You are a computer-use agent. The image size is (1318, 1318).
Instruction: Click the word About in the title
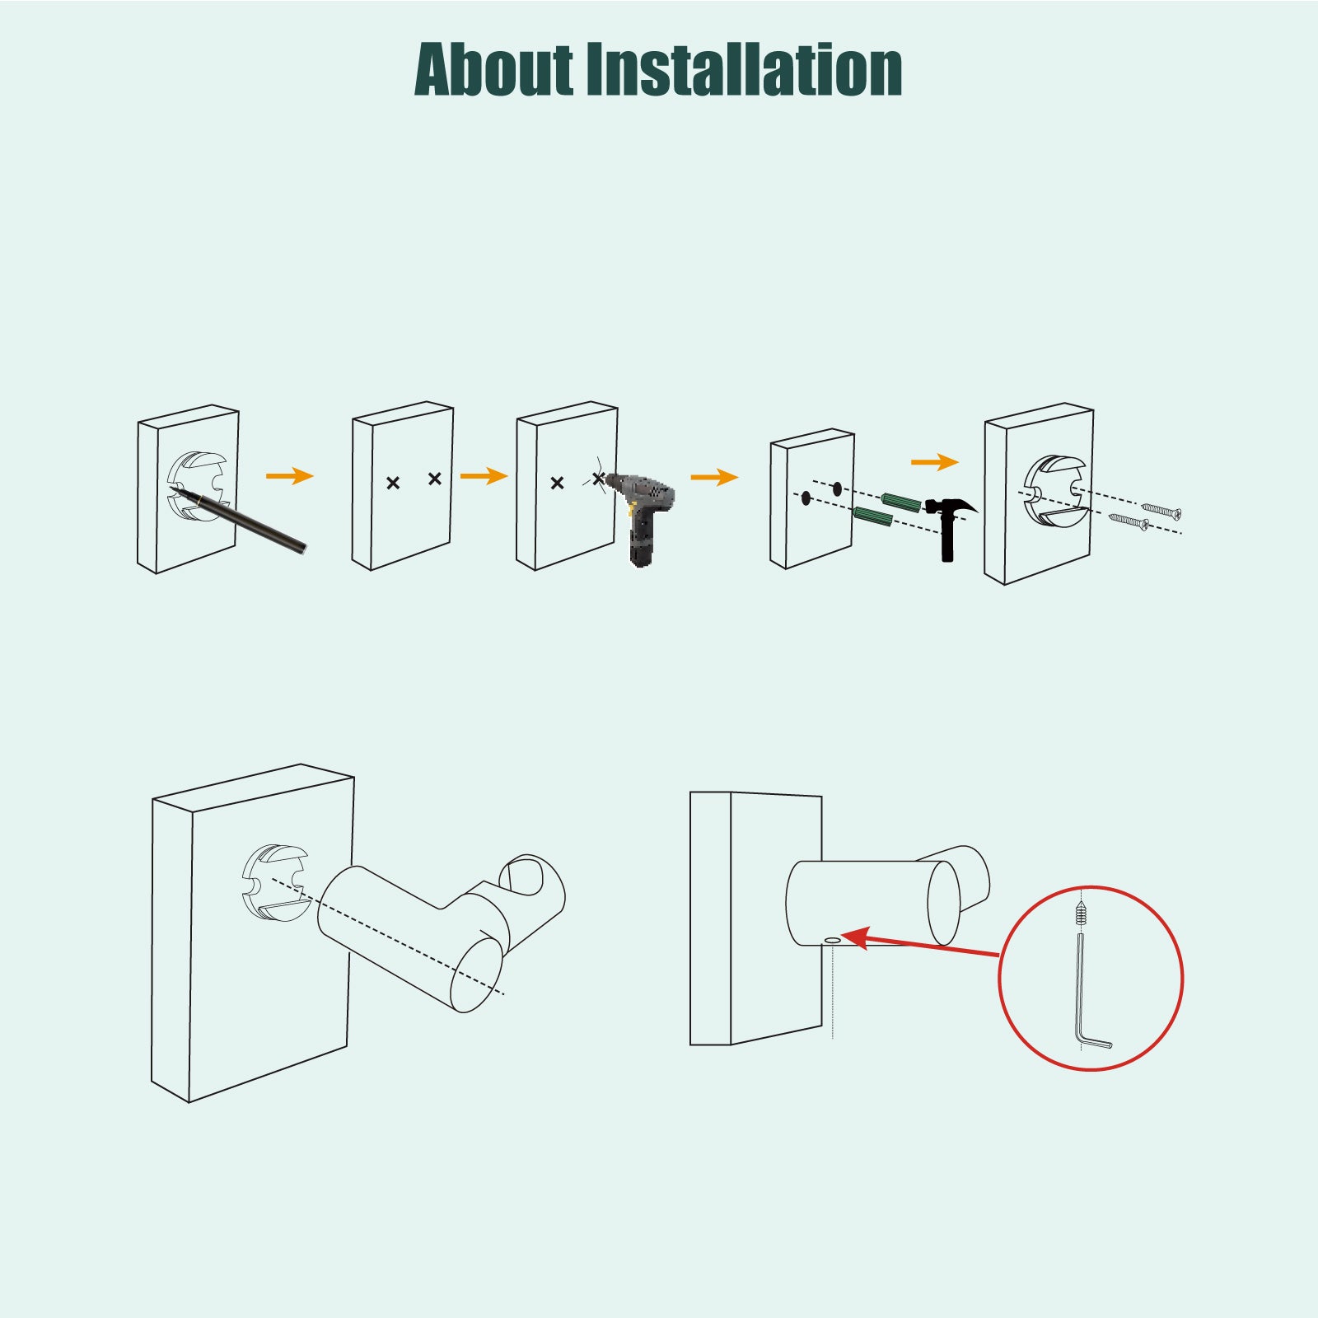pos(493,69)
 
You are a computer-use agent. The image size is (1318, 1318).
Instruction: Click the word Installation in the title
pos(744,69)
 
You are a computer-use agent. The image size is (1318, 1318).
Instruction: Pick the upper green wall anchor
pos(900,502)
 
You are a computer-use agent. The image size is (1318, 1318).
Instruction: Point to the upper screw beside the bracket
pos(1161,511)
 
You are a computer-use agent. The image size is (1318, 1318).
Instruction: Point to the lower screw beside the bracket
pos(1129,521)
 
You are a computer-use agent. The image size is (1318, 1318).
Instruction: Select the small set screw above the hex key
pos(1080,914)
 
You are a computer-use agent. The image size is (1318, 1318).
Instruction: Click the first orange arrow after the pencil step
pos(290,476)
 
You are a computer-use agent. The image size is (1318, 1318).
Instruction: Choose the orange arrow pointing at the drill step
pos(484,476)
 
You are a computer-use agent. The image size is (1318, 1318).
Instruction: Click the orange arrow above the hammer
pos(935,462)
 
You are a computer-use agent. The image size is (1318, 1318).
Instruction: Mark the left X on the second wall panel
pos(393,483)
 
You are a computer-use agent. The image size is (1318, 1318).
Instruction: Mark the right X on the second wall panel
pos(435,479)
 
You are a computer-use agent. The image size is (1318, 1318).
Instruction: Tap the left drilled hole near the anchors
pos(806,498)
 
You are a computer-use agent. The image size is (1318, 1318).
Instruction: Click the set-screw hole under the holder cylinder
pos(832,939)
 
